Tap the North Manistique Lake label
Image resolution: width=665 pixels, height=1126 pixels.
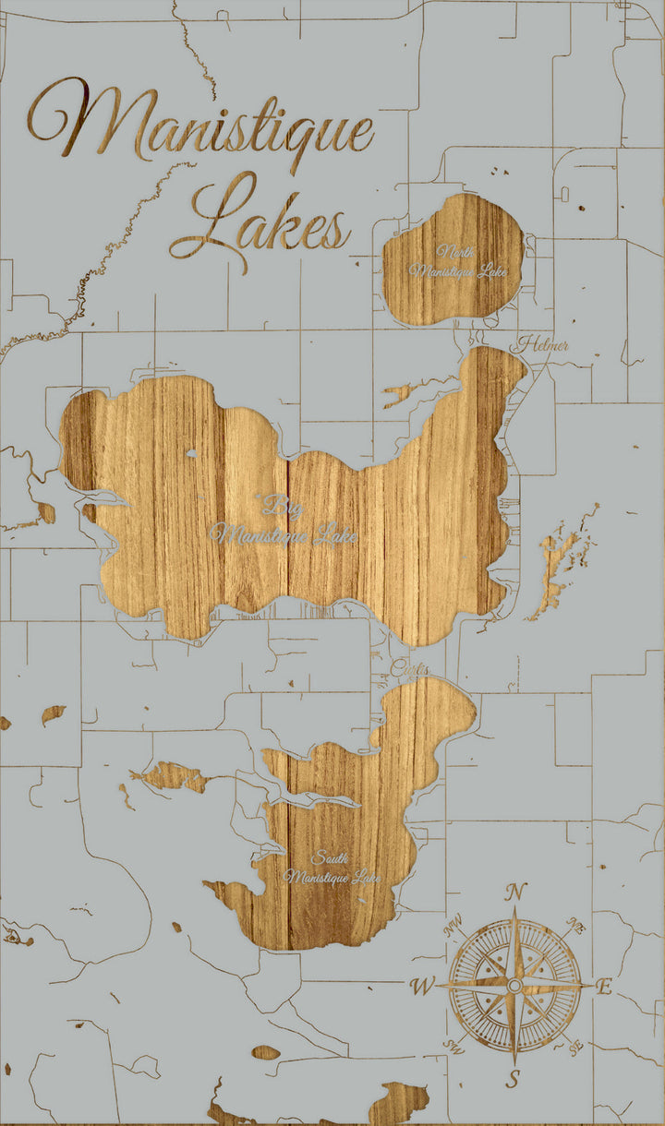458,262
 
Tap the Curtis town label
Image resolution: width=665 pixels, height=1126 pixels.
410,668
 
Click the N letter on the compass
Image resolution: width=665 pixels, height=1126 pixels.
516,892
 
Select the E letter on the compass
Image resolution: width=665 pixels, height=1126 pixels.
604,988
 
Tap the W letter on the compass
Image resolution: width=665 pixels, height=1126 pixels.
422,988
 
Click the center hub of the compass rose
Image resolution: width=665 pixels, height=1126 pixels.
514,987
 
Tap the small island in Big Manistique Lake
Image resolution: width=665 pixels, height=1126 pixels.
191,453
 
